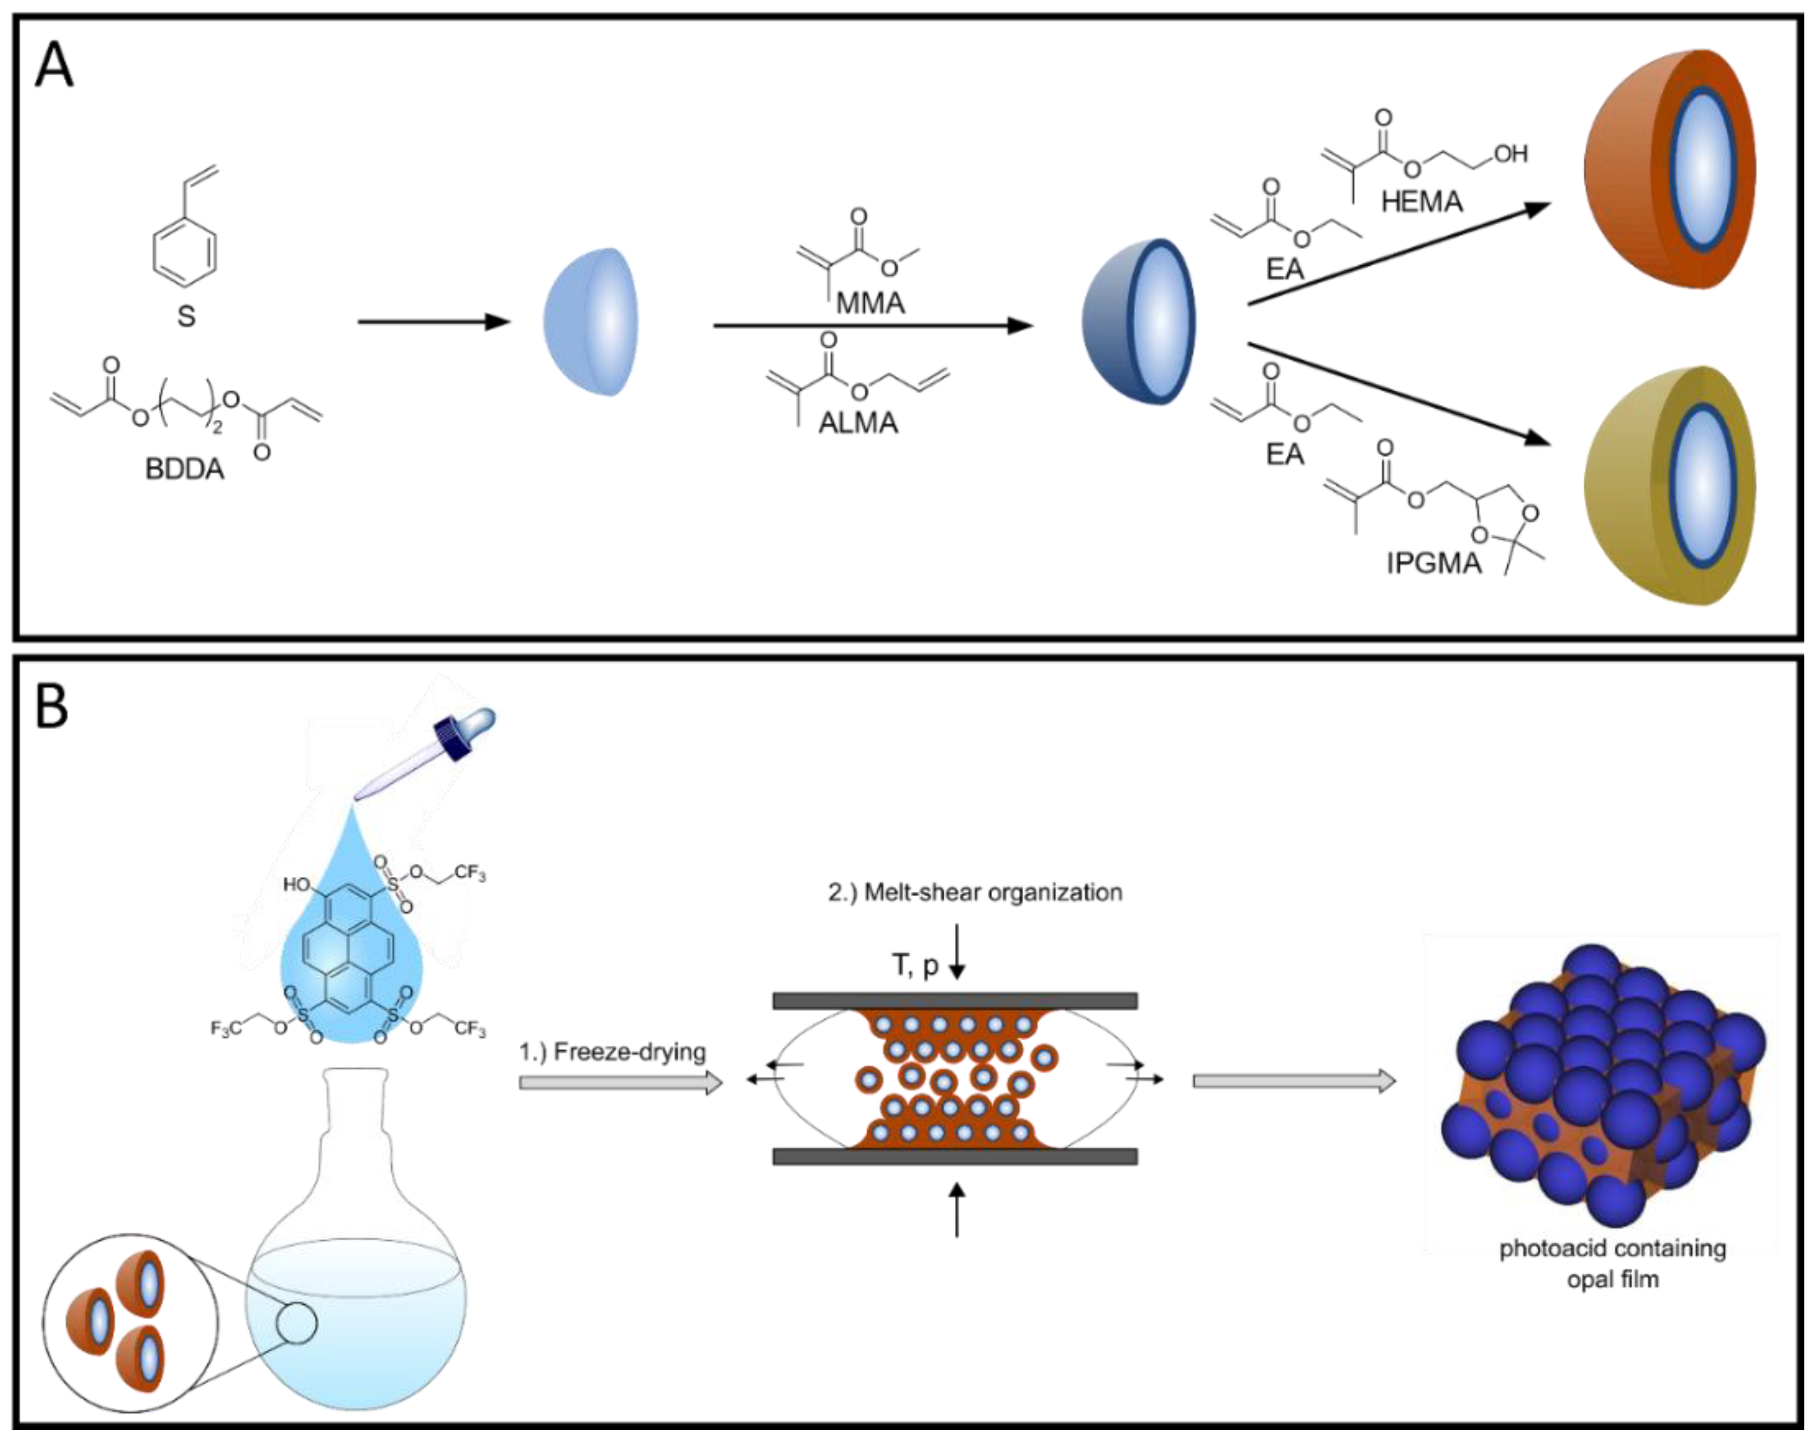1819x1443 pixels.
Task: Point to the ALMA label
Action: [x=858, y=422]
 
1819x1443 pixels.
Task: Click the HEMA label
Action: [x=1422, y=202]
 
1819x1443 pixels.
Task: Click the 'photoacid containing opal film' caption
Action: [x=1612, y=1263]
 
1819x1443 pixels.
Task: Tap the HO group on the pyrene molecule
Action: [x=297, y=884]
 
